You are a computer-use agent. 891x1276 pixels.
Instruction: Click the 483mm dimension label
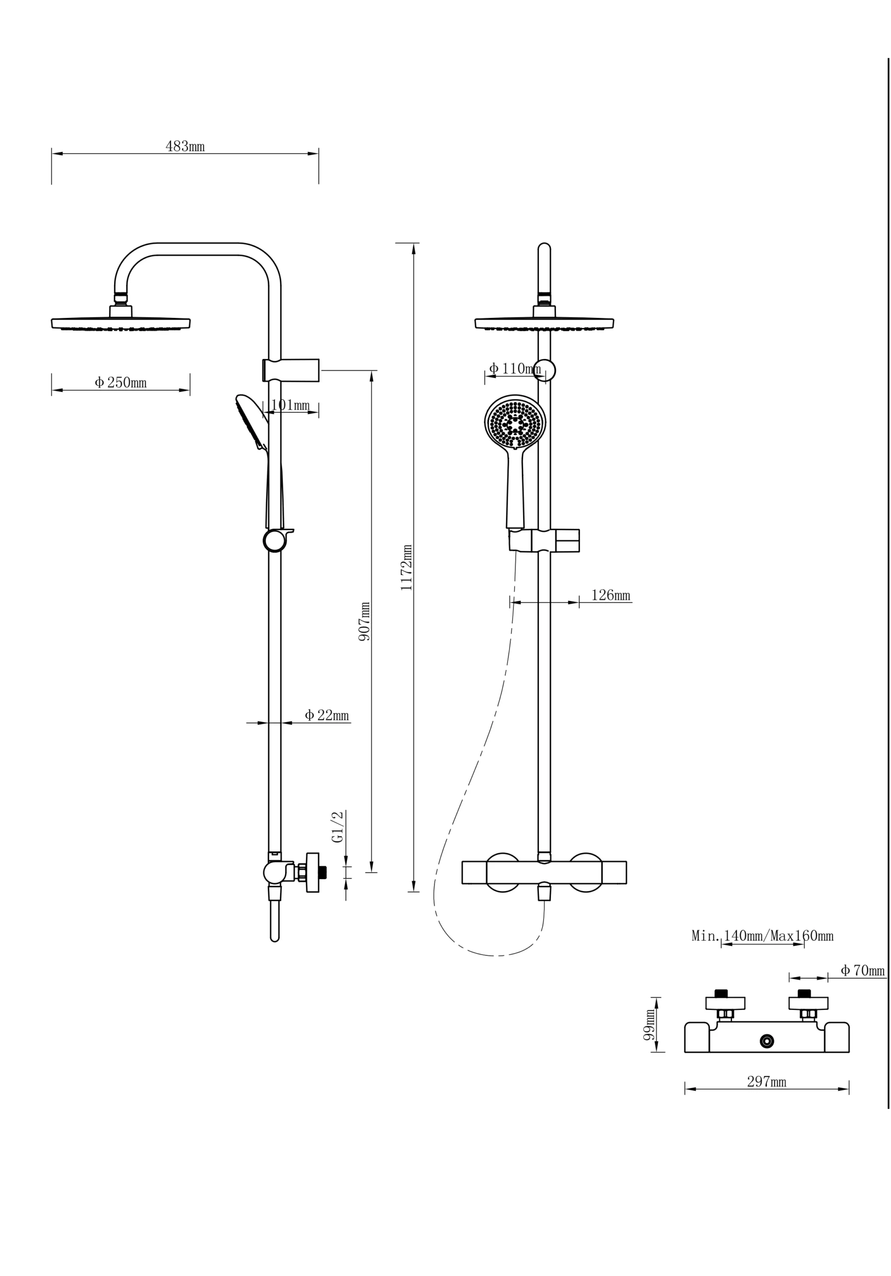click(x=184, y=147)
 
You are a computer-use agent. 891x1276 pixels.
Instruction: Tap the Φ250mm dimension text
click(x=121, y=383)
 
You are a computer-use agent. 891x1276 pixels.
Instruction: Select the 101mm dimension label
click(x=290, y=405)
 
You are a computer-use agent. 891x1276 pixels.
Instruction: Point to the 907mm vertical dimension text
click(x=364, y=622)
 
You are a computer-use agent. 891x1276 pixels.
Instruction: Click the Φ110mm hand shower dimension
click(x=515, y=368)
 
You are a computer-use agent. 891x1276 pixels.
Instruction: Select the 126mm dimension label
click(x=610, y=595)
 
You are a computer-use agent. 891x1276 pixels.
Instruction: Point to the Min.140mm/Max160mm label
click(x=762, y=936)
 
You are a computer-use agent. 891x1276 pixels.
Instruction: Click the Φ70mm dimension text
click(x=862, y=971)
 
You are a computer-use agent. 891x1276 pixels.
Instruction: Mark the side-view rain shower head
click(x=121, y=323)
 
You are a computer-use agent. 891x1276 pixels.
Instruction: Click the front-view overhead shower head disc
click(x=544, y=323)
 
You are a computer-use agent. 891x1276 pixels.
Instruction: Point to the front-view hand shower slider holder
click(x=544, y=540)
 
